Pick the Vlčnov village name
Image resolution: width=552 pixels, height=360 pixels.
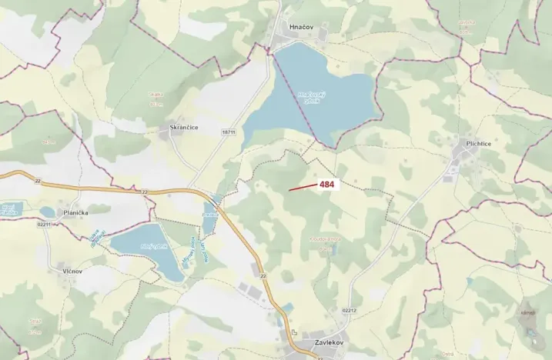[58, 271]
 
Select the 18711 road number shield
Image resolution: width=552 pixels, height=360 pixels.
[228, 132]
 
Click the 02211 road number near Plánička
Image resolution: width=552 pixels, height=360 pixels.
[44, 224]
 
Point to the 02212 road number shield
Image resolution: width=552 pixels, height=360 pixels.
[349, 310]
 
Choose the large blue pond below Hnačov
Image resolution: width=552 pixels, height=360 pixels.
[316, 88]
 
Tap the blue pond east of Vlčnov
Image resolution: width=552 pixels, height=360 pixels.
[147, 246]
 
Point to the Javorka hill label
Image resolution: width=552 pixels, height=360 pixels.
[49, 142]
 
